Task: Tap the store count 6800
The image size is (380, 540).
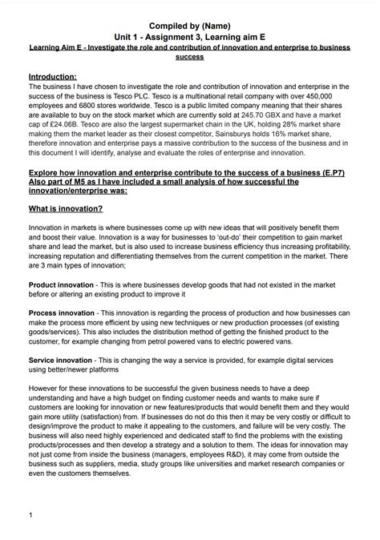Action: click(90, 103)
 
